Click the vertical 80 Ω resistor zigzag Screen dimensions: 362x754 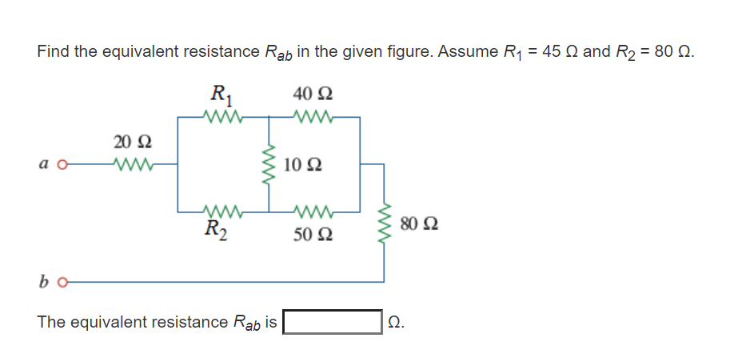(x=385, y=223)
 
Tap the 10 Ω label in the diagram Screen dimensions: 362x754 (x=303, y=166)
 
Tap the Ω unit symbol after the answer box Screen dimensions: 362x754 (x=394, y=323)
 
